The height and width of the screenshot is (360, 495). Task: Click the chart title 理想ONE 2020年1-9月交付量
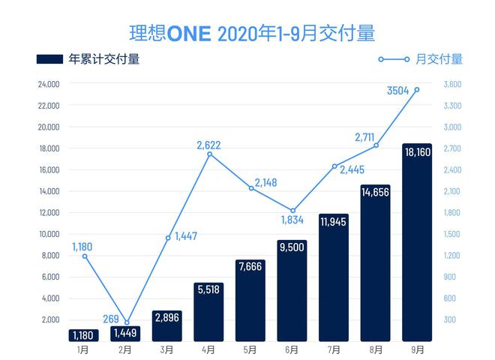point(247,33)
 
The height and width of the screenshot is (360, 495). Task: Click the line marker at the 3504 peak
point(416,89)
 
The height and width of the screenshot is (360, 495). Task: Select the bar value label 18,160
point(416,151)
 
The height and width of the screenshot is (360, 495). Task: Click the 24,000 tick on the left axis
point(48,84)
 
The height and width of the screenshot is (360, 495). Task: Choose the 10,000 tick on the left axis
point(48,234)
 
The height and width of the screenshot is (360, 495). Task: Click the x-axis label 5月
point(250,349)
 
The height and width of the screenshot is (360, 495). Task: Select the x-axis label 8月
point(375,349)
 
